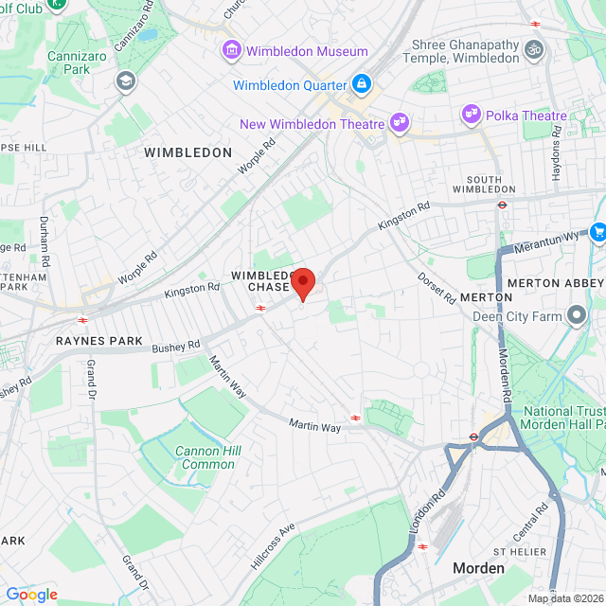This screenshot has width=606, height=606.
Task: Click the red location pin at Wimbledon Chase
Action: point(302,283)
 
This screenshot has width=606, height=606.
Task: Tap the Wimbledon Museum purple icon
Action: point(231,49)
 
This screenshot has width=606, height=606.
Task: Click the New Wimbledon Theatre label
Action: point(312,124)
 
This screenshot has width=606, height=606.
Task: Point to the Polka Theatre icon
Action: point(471,116)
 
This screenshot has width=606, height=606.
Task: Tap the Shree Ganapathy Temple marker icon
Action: point(536,46)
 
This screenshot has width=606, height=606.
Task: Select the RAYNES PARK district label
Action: point(98,341)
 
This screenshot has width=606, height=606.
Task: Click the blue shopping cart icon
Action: point(597,231)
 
